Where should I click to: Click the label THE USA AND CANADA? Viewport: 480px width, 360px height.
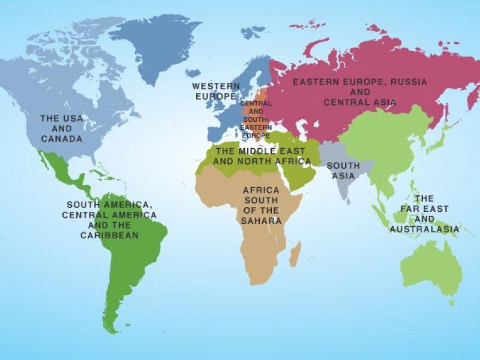[x=62, y=128]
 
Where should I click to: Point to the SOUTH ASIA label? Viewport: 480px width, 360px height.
[x=343, y=170]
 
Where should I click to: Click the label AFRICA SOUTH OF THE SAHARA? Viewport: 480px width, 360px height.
[x=261, y=205]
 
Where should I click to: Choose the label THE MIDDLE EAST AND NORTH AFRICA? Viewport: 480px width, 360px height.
[x=262, y=156]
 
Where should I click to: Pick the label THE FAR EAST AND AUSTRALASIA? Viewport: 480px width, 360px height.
[x=424, y=214]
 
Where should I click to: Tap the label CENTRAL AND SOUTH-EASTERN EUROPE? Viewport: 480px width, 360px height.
[x=256, y=119]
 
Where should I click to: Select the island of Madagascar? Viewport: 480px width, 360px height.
[x=295, y=254]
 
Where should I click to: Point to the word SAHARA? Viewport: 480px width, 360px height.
[x=262, y=221]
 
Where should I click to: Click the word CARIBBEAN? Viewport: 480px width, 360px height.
[x=109, y=235]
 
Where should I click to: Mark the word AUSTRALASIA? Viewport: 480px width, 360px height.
[x=424, y=229]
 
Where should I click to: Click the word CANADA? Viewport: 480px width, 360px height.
[x=62, y=139]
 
